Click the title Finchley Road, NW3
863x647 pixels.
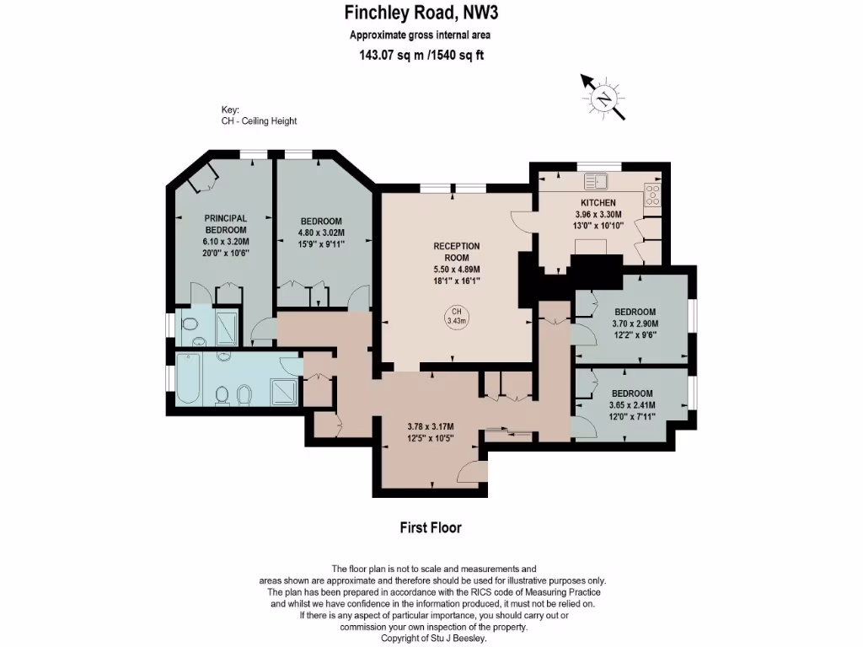[421, 13]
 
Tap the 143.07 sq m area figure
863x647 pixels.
[390, 55]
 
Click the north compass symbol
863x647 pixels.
[603, 98]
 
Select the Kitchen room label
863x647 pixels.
[598, 202]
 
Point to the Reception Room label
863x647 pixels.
[456, 251]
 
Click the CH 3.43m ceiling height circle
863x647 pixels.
[456, 317]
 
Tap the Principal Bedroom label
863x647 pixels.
[226, 224]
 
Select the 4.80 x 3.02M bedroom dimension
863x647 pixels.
[321, 233]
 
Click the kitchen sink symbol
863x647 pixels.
[596, 181]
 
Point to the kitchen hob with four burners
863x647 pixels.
[652, 195]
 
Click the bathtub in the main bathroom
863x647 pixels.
[188, 378]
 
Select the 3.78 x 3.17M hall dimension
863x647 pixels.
[431, 426]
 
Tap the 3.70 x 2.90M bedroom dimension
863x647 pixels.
[635, 323]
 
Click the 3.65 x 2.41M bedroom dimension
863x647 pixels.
[632, 405]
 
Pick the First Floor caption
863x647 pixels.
[431, 527]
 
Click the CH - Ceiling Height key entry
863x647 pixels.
[259, 120]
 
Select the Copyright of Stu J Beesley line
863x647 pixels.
[434, 639]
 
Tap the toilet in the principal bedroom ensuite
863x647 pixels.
[190, 324]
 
